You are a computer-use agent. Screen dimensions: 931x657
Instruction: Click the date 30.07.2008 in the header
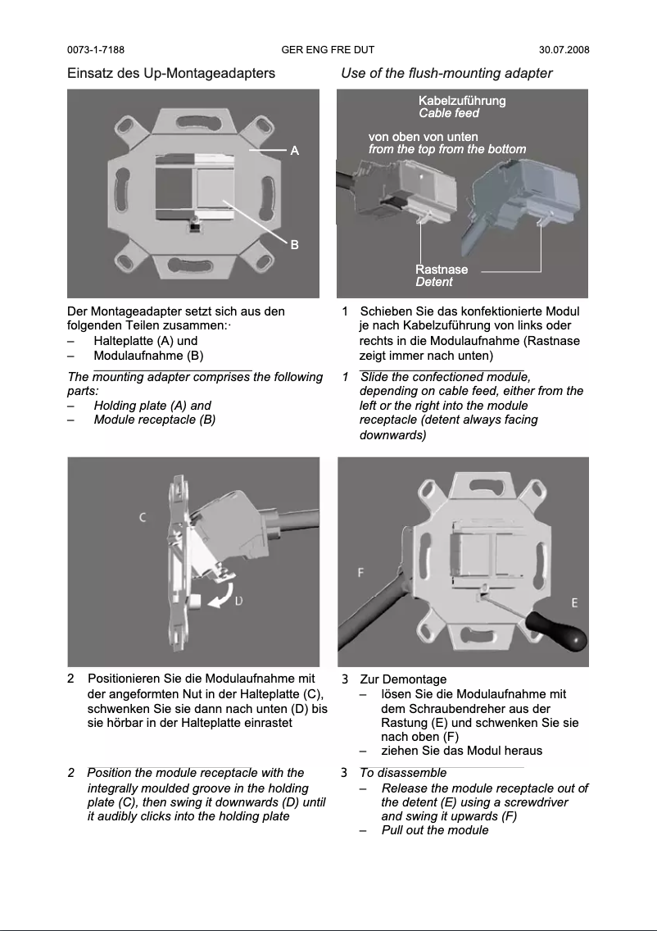click(564, 50)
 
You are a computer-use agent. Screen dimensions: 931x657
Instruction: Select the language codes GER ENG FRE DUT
click(328, 50)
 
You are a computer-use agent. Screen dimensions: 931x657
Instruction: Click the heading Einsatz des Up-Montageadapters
click(170, 73)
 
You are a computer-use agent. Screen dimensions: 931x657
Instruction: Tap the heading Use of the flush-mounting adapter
click(446, 73)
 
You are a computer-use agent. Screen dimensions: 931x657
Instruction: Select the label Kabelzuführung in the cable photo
click(462, 101)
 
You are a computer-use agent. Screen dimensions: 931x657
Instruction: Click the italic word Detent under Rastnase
click(433, 282)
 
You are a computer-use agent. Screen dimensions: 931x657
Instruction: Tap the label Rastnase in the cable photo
click(442, 270)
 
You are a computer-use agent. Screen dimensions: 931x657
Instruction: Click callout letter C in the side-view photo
click(143, 517)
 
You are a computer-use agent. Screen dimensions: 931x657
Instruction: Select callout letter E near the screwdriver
click(574, 602)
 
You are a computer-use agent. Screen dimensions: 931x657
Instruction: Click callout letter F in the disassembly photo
click(360, 572)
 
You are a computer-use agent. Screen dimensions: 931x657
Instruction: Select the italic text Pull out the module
click(435, 830)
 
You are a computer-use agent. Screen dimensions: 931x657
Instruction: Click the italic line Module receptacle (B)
click(155, 420)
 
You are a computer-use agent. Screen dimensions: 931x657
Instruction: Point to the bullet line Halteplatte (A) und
click(145, 341)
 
